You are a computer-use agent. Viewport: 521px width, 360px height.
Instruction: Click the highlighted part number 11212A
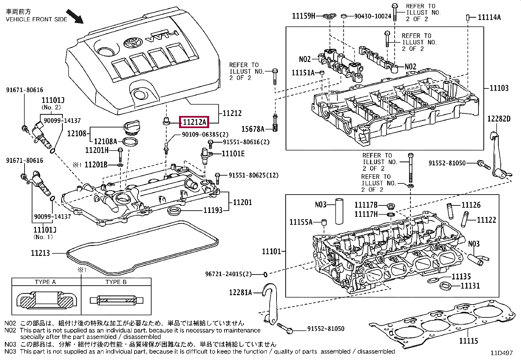[194, 122]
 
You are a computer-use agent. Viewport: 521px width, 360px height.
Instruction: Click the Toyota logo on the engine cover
[132, 42]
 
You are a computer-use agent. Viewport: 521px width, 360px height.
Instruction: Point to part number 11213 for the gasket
[40, 253]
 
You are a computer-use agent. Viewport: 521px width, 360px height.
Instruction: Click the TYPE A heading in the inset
[45, 282]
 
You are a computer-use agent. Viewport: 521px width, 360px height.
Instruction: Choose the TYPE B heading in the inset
[116, 282]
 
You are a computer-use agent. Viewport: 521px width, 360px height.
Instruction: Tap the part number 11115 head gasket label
[468, 341]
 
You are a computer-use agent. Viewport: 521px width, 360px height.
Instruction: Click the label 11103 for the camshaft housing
[499, 88]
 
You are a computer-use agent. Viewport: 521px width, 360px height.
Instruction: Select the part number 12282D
[499, 119]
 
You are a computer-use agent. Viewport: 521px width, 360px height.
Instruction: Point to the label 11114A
[489, 17]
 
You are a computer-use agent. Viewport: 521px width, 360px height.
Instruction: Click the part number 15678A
[253, 129]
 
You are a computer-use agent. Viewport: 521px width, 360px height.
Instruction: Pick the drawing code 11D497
[501, 353]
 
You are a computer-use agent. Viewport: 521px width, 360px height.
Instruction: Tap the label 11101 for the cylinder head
[271, 251]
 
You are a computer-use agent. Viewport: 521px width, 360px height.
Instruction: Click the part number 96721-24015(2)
[228, 274]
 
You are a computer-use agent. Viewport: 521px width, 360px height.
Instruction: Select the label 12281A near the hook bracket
[241, 292]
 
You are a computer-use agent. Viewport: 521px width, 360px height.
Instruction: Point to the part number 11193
[213, 210]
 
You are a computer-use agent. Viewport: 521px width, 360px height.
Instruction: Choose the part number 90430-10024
[372, 16]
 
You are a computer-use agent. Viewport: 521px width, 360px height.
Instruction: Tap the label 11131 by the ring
[470, 286]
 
